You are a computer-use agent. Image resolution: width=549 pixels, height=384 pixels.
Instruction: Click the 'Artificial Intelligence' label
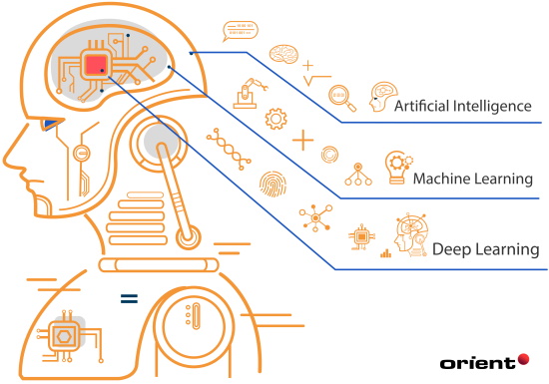pos(462,106)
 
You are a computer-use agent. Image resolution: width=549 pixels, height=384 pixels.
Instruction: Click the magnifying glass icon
pos(340,97)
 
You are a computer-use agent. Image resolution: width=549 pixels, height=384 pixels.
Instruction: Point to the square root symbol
pos(317,77)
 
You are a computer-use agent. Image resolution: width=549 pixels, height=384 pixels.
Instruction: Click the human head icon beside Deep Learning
pos(410,235)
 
